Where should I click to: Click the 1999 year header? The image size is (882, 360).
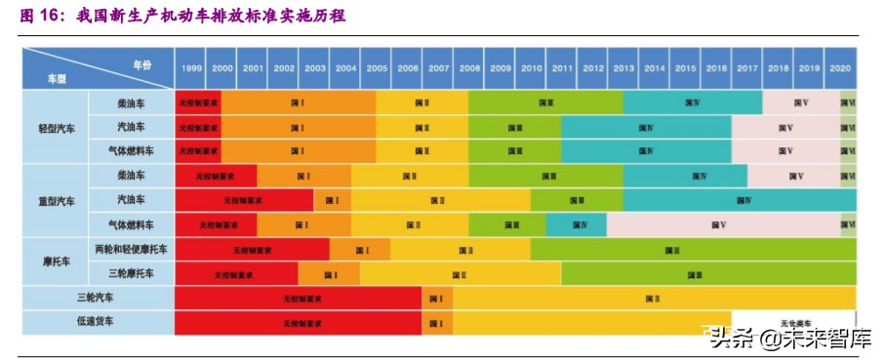pos(191,68)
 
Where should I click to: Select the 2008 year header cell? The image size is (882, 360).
pos(468,68)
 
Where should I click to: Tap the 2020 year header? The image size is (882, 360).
pos(840,68)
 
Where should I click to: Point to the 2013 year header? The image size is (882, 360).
pos(623,68)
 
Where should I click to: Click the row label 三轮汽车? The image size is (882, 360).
pos(96,298)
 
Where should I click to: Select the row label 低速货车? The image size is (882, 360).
pos(96,322)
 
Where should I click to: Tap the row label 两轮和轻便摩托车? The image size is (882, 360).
pos(130,250)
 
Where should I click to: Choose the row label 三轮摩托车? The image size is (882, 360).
pos(130,274)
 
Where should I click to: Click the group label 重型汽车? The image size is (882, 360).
pos(56,201)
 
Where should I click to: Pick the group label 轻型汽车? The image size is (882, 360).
pos(56,128)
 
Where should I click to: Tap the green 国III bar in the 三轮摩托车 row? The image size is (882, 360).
pos(695,275)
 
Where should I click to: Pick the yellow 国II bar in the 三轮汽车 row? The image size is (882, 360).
pos(653,299)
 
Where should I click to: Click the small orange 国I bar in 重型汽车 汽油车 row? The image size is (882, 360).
pos(332,201)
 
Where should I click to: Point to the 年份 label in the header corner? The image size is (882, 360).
pos(142,63)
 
